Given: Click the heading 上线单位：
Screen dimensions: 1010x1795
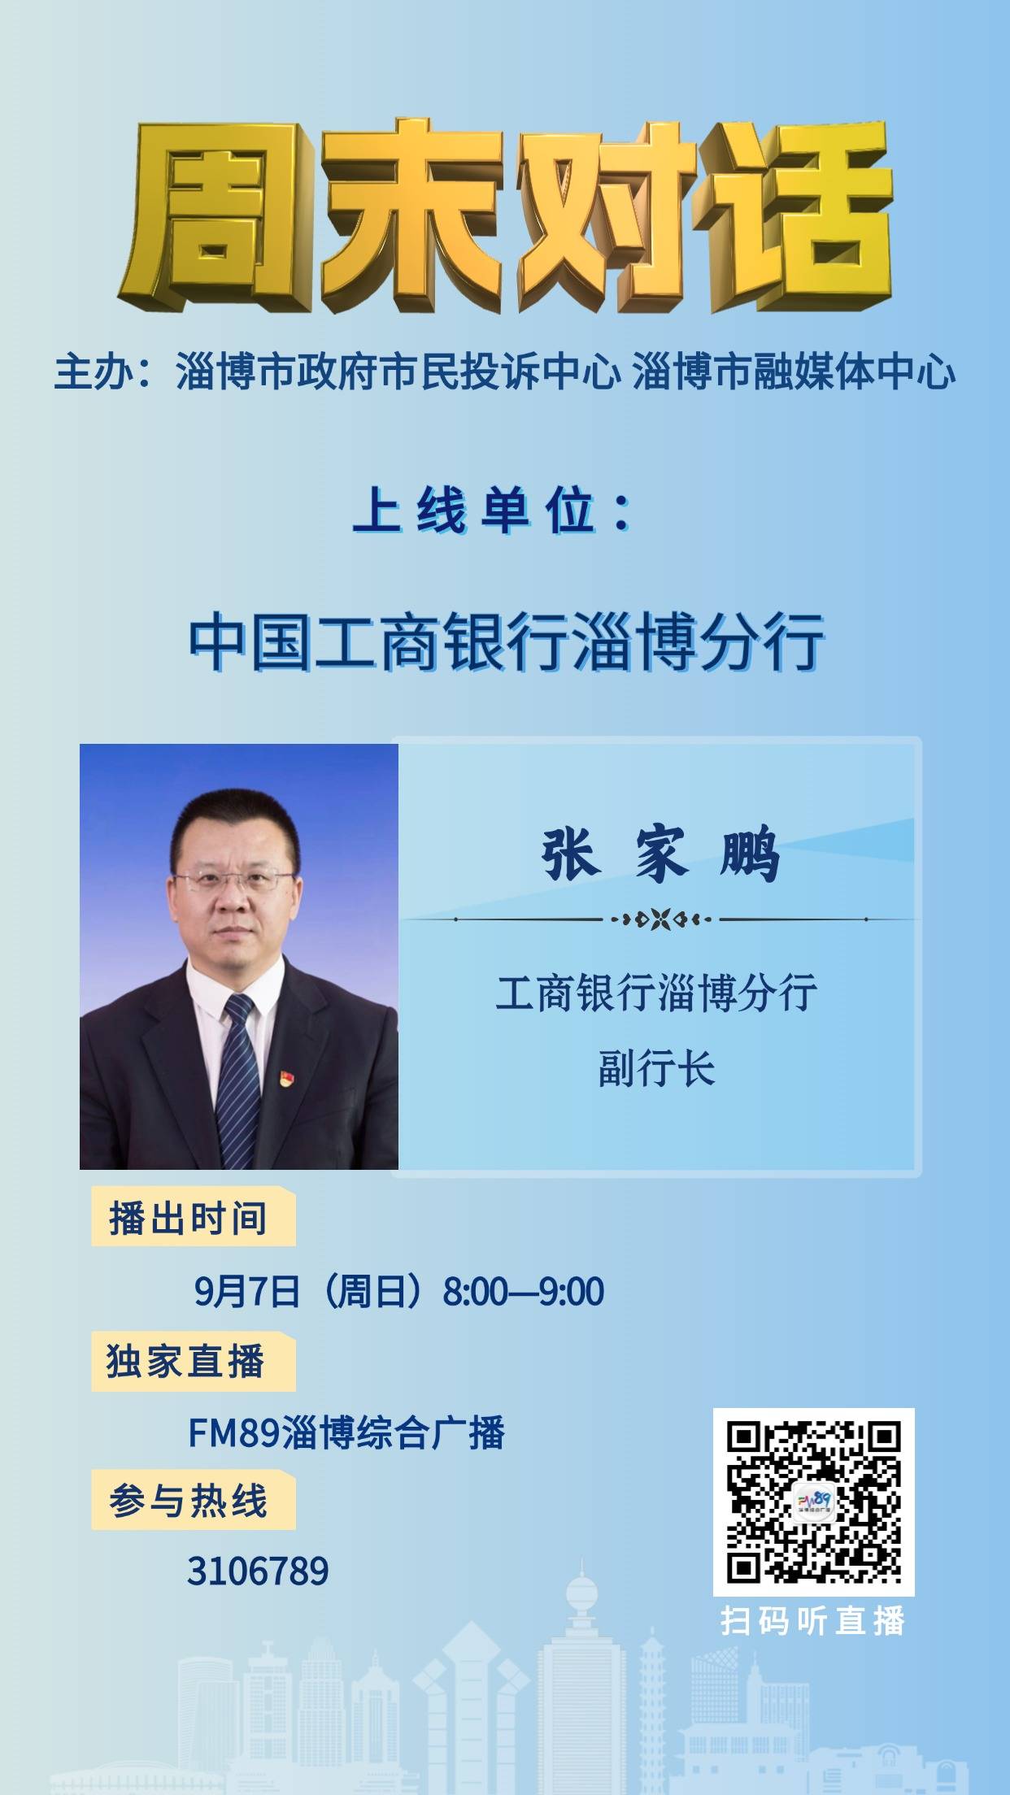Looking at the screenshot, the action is point(493,514).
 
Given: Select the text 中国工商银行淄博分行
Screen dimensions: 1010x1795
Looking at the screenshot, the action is point(507,643).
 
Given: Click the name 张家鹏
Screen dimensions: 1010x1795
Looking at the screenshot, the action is point(660,854).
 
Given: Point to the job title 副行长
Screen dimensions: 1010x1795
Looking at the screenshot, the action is point(657,1069).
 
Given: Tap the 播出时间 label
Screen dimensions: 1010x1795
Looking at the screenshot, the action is point(189,1219).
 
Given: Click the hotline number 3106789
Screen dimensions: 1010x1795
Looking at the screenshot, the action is point(258,1571).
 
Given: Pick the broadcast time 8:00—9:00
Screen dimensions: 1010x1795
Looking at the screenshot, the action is point(523,1292).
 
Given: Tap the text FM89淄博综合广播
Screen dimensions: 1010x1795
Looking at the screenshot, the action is point(346,1433).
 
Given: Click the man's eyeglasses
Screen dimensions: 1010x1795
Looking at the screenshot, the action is point(234,880).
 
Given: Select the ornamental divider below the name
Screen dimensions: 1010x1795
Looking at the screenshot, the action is point(660,919).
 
